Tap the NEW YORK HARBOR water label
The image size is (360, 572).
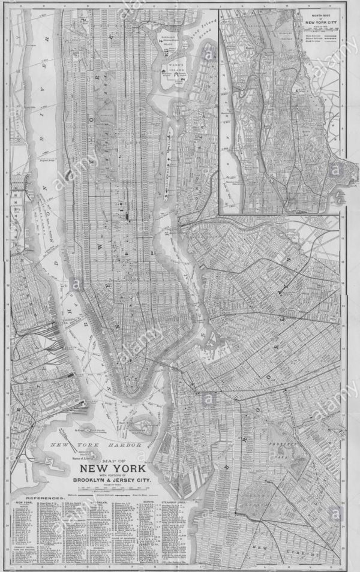pyautogui.click(x=96, y=445)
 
